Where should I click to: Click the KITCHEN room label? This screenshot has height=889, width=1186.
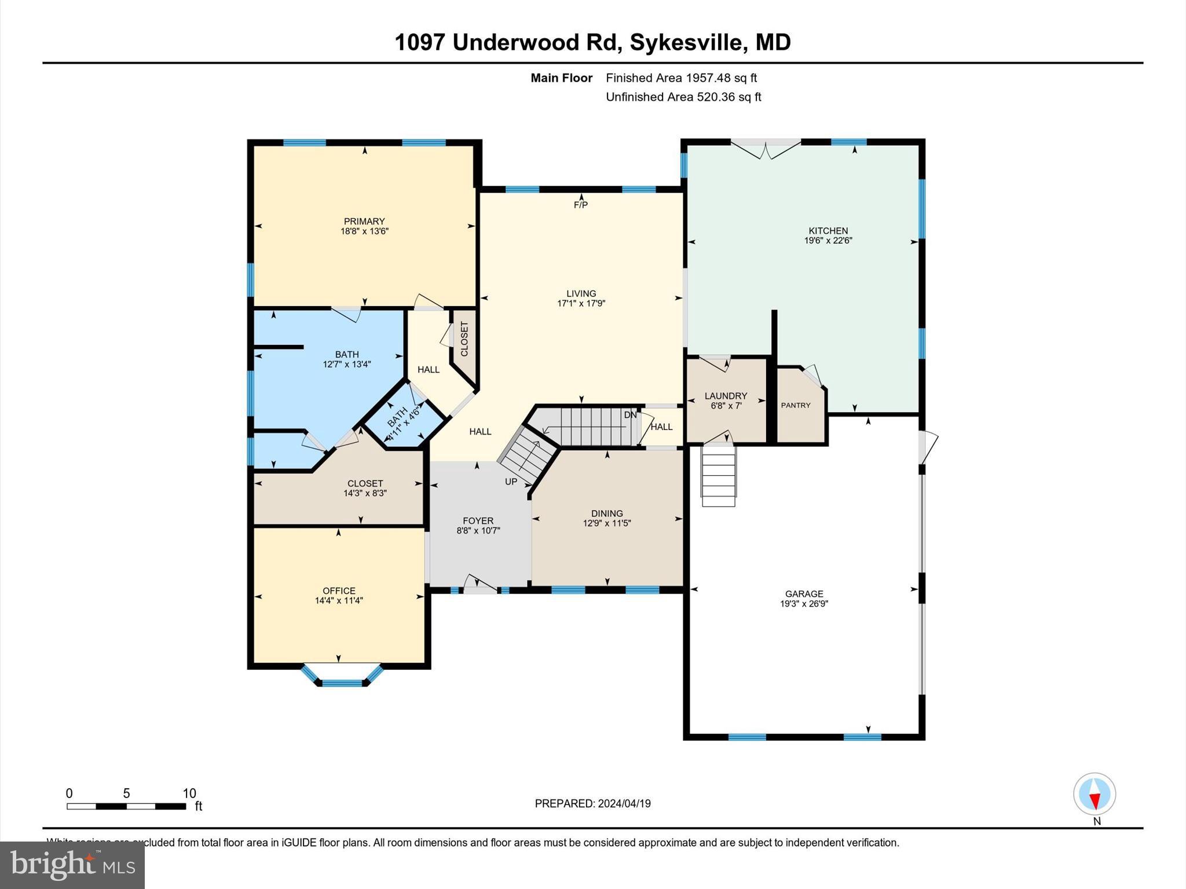(828, 230)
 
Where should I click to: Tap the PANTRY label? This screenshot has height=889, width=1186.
(796, 405)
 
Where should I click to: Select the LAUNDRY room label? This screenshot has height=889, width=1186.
(726, 396)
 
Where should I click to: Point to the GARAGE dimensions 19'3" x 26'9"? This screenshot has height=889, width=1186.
(804, 604)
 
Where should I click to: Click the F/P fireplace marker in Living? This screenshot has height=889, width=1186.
(580, 205)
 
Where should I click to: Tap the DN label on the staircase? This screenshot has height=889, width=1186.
(630, 415)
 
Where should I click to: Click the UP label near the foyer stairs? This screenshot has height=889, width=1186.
(511, 482)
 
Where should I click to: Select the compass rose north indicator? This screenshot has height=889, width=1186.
(1094, 794)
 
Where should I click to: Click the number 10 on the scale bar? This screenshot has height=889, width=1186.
(189, 794)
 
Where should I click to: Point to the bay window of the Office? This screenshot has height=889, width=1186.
(342, 677)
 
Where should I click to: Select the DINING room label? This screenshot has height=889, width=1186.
(607, 513)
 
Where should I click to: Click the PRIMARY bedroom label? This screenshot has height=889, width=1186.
(364, 221)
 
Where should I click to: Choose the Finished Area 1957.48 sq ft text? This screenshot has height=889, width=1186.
(681, 78)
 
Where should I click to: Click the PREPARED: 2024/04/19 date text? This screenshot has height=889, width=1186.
(592, 803)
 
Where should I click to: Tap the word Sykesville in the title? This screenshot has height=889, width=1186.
(686, 43)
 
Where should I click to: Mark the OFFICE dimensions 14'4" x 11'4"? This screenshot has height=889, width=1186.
(339, 601)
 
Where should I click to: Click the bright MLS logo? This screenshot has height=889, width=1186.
(72, 865)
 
